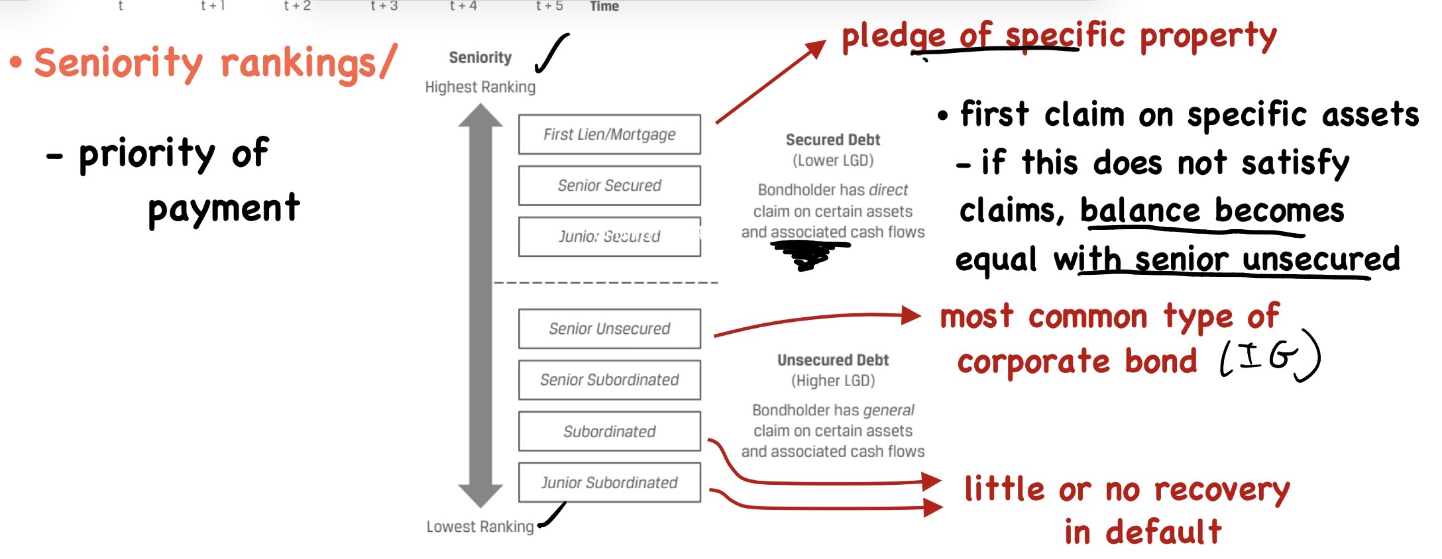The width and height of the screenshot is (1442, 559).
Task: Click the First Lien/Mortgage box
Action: [x=610, y=134]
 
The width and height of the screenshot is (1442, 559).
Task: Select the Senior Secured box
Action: [x=610, y=185]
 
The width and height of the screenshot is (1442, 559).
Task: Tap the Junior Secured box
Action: [x=610, y=236]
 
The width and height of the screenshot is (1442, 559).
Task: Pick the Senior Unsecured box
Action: [x=610, y=329]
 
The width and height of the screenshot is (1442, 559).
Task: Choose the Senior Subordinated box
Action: [x=610, y=380]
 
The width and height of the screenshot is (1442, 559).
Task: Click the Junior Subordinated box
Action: [x=610, y=482]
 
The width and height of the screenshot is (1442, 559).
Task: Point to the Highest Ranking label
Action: [x=480, y=87]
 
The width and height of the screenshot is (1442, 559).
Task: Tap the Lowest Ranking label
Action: [x=480, y=527]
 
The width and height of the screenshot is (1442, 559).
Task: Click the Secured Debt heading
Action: [x=833, y=140]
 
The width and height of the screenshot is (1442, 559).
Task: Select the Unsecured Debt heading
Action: [x=833, y=360]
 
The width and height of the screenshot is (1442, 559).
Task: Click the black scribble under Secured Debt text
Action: [x=808, y=254]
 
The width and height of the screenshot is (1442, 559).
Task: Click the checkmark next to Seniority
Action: [x=551, y=53]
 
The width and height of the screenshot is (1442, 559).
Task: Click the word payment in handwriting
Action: [x=224, y=209]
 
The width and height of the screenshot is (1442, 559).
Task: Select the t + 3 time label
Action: [x=384, y=6]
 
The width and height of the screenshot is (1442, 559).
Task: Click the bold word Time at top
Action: [x=604, y=6]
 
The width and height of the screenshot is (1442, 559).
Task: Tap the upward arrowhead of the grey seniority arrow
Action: [x=480, y=115]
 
